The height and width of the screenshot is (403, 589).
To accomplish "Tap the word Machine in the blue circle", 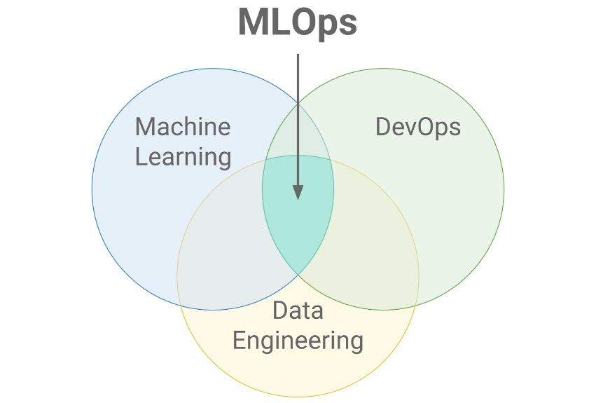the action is (x=183, y=127).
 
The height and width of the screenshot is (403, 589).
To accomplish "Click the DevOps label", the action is (x=418, y=128).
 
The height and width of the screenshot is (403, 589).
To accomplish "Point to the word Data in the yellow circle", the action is (x=298, y=310).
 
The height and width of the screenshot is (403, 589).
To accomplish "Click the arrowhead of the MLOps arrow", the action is (x=298, y=192).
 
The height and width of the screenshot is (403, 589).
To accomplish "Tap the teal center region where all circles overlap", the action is (x=298, y=214).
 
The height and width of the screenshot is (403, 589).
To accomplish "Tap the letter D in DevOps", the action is (x=384, y=127).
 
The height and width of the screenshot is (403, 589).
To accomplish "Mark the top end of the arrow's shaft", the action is (x=298, y=54).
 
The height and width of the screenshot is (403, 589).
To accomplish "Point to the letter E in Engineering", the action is (x=240, y=340).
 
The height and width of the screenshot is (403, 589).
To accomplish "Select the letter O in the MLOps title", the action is (x=303, y=22).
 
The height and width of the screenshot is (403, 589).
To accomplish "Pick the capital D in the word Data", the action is (x=281, y=310).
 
